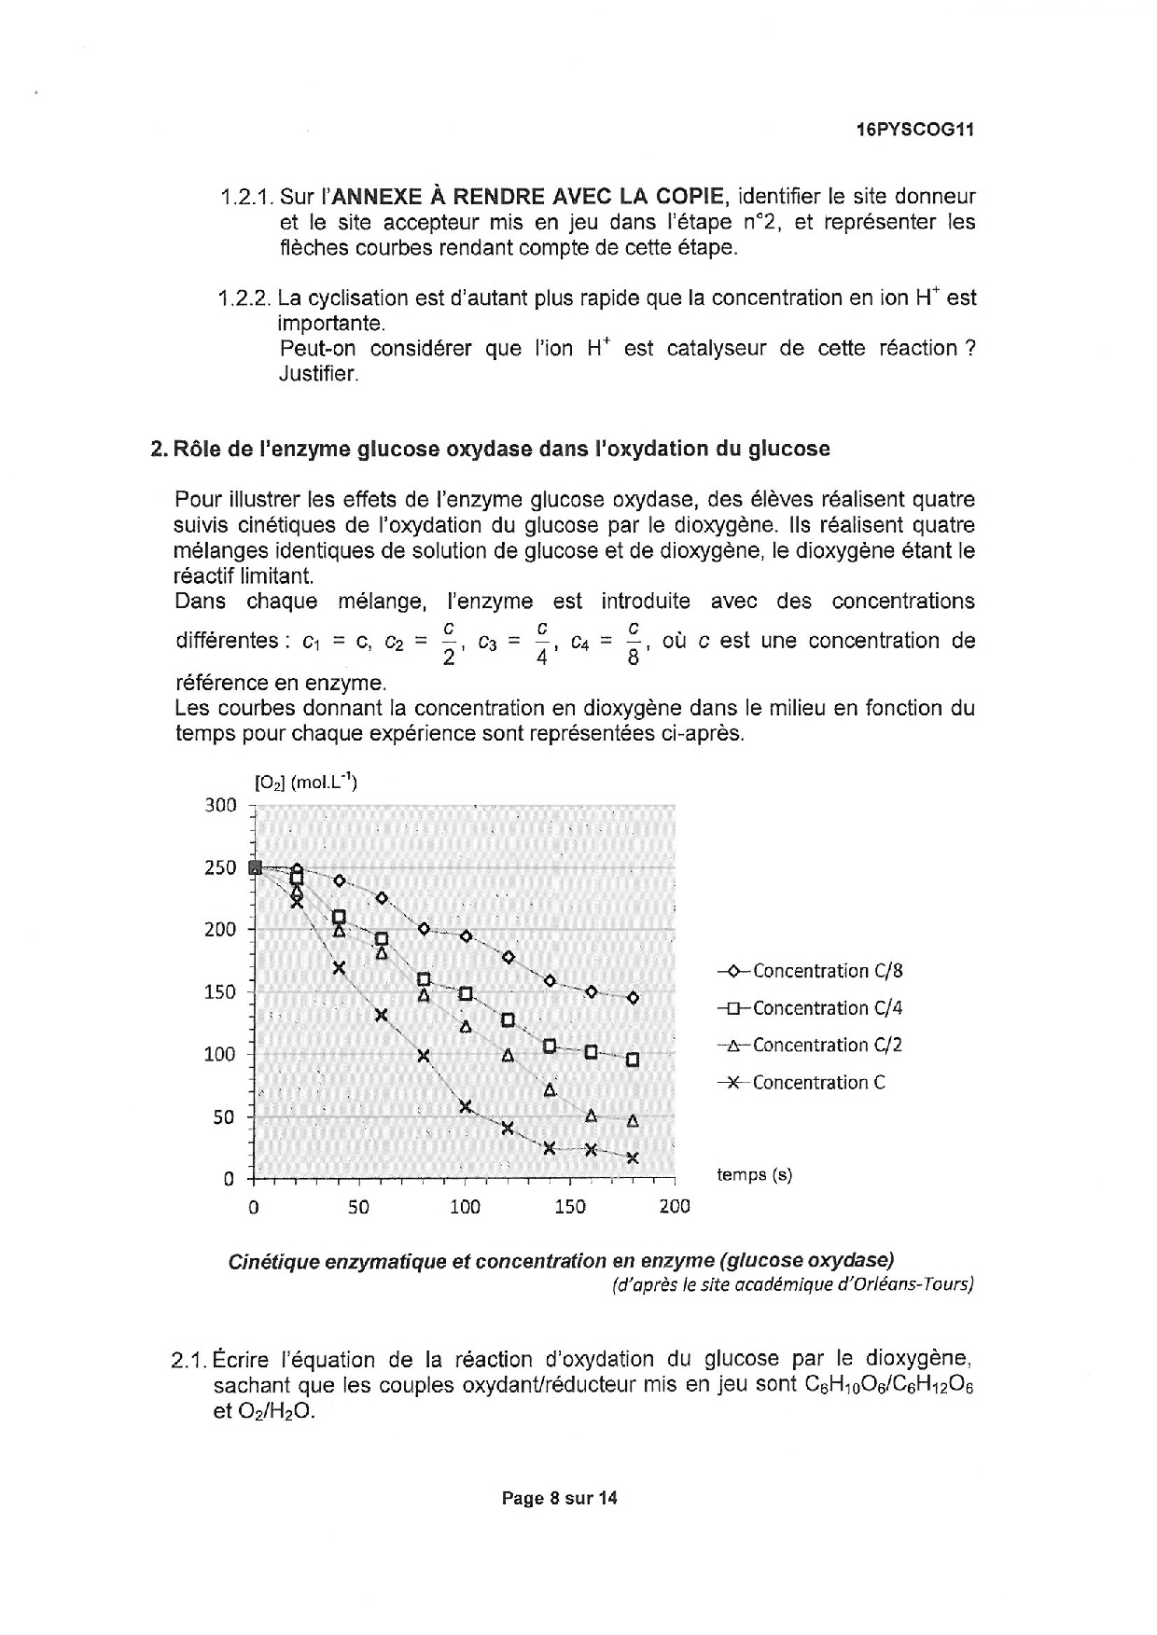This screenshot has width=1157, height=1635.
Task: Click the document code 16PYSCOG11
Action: (x=914, y=131)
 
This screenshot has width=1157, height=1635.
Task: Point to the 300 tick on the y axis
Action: (x=220, y=805)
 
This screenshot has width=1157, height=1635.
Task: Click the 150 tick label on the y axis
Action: (x=220, y=991)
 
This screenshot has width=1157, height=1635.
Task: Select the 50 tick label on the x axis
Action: (x=358, y=1207)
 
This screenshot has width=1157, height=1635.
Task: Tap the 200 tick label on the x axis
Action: (x=675, y=1207)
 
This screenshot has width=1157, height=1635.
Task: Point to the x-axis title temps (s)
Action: (x=754, y=1175)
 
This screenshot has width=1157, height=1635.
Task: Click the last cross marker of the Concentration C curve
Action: (x=633, y=1158)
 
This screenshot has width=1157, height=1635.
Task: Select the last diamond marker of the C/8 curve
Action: (x=633, y=998)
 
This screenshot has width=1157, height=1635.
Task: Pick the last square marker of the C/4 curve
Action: (x=633, y=1060)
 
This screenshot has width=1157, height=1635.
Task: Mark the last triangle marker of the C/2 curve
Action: (x=633, y=1121)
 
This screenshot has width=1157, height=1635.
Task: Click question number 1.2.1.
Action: (x=244, y=198)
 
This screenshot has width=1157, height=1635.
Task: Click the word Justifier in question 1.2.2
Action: (x=318, y=374)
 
